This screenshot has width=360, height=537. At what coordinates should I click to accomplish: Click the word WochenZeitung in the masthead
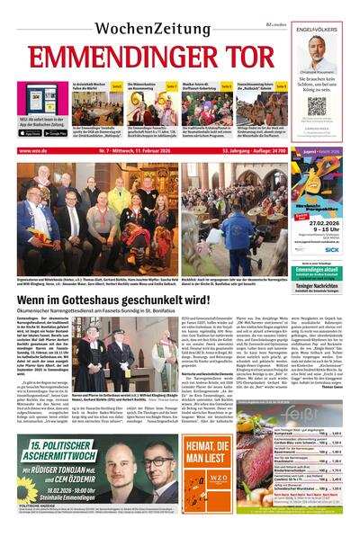click(146, 20)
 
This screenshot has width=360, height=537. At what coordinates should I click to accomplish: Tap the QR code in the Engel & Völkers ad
click(316, 105)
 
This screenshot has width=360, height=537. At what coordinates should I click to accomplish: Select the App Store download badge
click(30, 133)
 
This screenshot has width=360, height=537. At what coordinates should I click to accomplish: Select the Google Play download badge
click(56, 133)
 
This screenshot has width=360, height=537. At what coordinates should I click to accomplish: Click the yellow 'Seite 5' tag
click(117, 86)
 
